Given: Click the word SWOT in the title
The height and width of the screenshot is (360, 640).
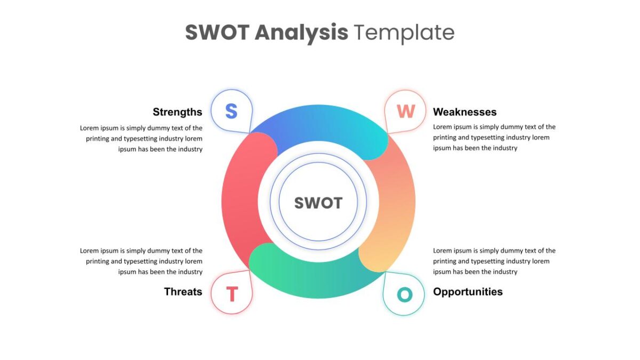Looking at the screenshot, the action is [x=218, y=32].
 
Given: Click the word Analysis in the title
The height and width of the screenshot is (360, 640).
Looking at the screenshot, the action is [x=301, y=34].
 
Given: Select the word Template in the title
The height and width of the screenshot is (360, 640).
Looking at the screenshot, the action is [x=404, y=34].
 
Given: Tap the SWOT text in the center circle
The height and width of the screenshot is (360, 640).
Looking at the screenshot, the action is [x=318, y=203].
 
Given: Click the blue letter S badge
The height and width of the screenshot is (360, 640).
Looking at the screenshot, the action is [x=231, y=111].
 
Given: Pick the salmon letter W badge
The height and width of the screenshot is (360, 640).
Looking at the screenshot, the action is [x=405, y=111].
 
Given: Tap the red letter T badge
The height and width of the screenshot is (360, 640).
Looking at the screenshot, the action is [x=231, y=293].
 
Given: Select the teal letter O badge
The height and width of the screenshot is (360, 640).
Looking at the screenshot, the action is [x=404, y=294].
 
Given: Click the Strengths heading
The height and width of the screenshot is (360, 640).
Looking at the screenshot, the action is [x=178, y=112].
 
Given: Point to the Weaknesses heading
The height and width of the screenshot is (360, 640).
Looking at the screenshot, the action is [x=465, y=111].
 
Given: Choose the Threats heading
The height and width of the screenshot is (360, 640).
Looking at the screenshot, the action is [x=183, y=291].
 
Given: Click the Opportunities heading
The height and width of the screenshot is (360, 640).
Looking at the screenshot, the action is [x=468, y=292].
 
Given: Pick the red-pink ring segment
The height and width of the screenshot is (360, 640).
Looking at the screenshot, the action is [x=240, y=200].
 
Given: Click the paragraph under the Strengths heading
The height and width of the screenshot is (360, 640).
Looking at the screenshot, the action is [x=141, y=139].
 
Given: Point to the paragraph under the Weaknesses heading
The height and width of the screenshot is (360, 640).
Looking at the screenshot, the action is [x=494, y=138].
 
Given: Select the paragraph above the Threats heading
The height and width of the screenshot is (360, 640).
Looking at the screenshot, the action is [x=141, y=261].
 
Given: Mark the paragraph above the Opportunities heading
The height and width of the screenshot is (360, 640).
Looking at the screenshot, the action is [x=494, y=261].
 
